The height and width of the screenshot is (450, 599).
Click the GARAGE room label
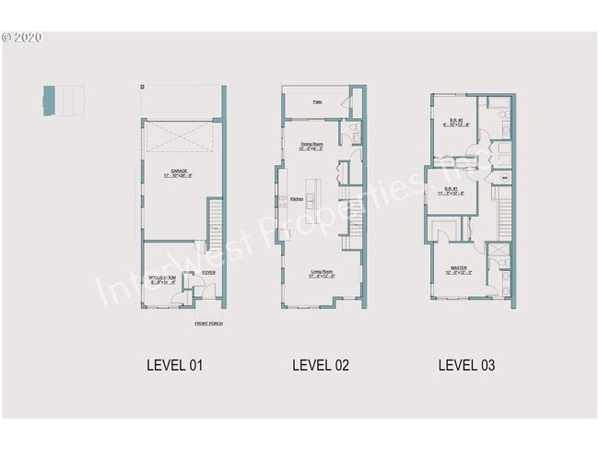point(179,172)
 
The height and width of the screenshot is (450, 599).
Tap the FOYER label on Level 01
point(209,273)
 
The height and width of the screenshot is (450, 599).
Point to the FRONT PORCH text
point(208,324)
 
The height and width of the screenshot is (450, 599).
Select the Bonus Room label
point(166,278)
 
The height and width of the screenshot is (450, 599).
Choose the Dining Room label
point(311,146)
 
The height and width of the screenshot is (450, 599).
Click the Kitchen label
point(297,199)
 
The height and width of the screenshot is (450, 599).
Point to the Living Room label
point(321,274)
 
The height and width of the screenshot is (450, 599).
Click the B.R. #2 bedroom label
point(456,123)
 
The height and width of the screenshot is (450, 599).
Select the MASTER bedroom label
point(458,270)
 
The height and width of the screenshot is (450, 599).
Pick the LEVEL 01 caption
point(174,365)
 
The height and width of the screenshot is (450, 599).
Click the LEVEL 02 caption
point(321,365)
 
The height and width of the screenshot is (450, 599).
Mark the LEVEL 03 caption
point(466,365)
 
